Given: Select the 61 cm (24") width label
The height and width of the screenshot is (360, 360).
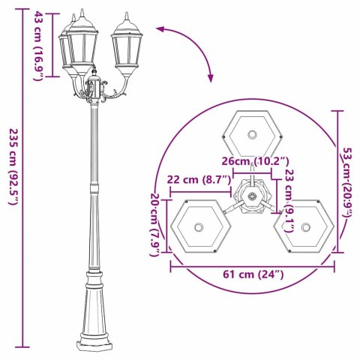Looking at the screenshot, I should [x=251, y=275].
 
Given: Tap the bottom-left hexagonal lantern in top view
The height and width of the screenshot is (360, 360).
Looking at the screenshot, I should [x=199, y=227].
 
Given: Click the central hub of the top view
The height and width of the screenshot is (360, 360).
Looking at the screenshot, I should [x=253, y=199].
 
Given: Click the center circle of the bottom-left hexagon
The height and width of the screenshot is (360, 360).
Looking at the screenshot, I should [x=199, y=227].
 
